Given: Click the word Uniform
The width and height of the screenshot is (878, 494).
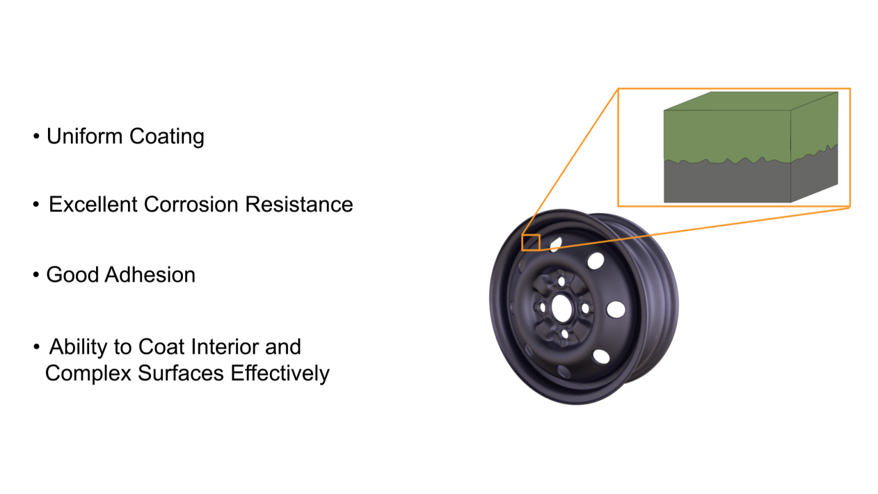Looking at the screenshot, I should [85, 137].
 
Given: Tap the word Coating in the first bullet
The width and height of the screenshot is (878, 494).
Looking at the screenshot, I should [166, 137].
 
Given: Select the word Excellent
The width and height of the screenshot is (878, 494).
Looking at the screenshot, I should [93, 205].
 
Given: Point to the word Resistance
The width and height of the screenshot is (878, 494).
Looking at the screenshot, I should [299, 205].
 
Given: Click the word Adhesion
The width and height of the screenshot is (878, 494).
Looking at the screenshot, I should [150, 275].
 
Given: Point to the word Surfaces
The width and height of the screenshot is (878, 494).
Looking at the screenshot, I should [181, 373].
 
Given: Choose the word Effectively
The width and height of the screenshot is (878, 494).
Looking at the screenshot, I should [280, 374].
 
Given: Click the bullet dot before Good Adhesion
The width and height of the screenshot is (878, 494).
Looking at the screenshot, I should [36, 275].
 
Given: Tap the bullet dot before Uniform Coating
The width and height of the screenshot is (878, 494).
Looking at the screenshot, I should [36, 137].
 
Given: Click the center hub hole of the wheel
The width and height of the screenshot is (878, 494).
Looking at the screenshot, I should [562, 309].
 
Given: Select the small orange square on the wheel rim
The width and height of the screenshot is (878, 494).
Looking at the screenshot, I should [531, 242].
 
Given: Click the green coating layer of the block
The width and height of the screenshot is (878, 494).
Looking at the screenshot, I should [726, 134].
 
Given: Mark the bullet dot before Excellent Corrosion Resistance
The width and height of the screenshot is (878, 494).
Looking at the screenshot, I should [36, 205].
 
